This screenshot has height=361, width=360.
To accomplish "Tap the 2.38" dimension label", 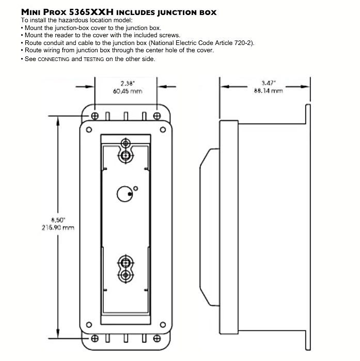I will [127, 83].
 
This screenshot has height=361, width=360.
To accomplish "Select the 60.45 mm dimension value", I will [127, 91].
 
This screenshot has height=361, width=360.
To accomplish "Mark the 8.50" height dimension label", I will [57, 219].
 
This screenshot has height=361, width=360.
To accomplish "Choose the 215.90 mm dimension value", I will [57, 227].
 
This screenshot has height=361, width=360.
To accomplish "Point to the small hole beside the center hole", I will [135, 188].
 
